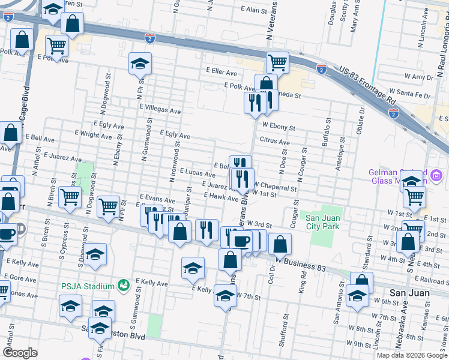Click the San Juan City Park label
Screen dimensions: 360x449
pyautogui.click(x=324, y=221)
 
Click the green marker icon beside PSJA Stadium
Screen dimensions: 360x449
pyautogui.click(x=124, y=284)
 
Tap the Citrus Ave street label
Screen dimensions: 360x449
pyautogui.click(x=274, y=142)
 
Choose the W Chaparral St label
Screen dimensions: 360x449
pyautogui.click(x=276, y=187)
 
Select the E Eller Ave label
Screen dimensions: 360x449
pyautogui.click(x=221, y=71)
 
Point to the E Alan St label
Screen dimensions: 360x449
pyautogui.click(x=254, y=10)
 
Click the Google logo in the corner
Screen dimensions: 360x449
pyautogui.click(x=20, y=352)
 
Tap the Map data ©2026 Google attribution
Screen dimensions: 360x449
pyautogui.click(x=412, y=355)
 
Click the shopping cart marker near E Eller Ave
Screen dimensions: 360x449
pyautogui.click(x=277, y=61)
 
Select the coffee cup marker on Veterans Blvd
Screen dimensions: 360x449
pyautogui.click(x=241, y=241)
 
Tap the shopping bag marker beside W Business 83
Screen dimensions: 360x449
pyautogui.click(x=280, y=243)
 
